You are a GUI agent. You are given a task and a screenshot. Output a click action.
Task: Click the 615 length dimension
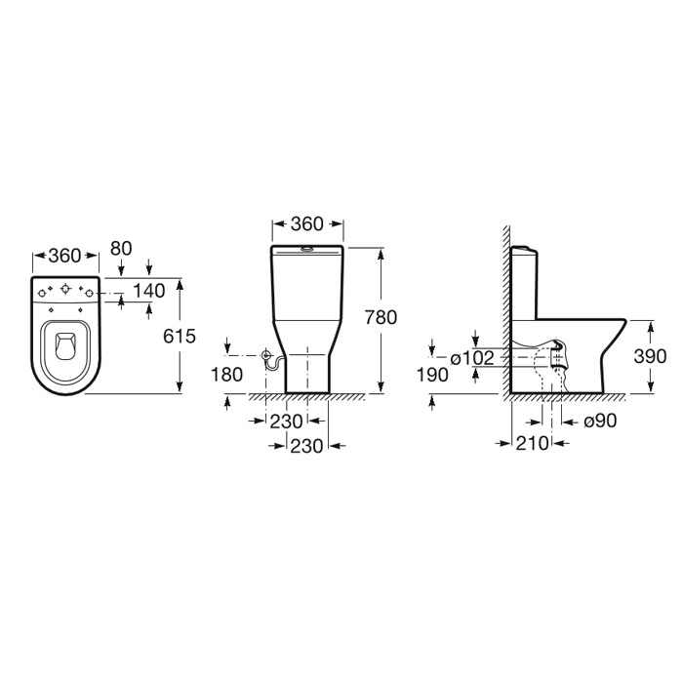click(180, 336)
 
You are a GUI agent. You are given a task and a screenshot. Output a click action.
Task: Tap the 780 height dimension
click(381, 317)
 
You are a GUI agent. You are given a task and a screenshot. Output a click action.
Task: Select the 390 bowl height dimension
click(650, 356)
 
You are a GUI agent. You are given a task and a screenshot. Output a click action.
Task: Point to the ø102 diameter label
click(472, 358)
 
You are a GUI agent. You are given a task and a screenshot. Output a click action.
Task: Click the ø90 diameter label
click(600, 421)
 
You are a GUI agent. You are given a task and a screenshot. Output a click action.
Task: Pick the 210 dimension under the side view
click(533, 443)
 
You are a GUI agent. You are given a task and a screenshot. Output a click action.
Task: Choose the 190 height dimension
click(432, 375)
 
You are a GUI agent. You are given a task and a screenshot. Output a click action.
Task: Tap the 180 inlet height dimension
click(226, 375)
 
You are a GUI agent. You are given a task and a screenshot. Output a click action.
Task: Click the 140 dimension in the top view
click(149, 291)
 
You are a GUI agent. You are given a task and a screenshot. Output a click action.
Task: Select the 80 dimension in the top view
click(121, 249)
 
